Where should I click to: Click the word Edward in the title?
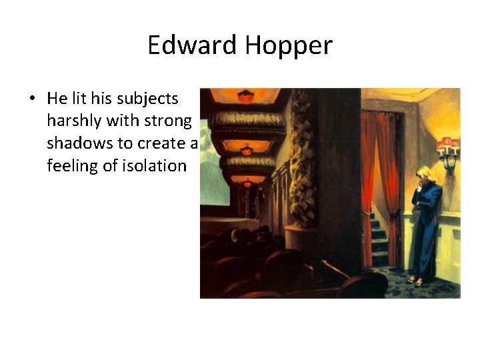click(192, 45)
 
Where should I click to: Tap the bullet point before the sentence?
click(31, 99)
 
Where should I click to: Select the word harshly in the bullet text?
click(71, 121)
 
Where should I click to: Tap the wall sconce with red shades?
click(448, 147)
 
